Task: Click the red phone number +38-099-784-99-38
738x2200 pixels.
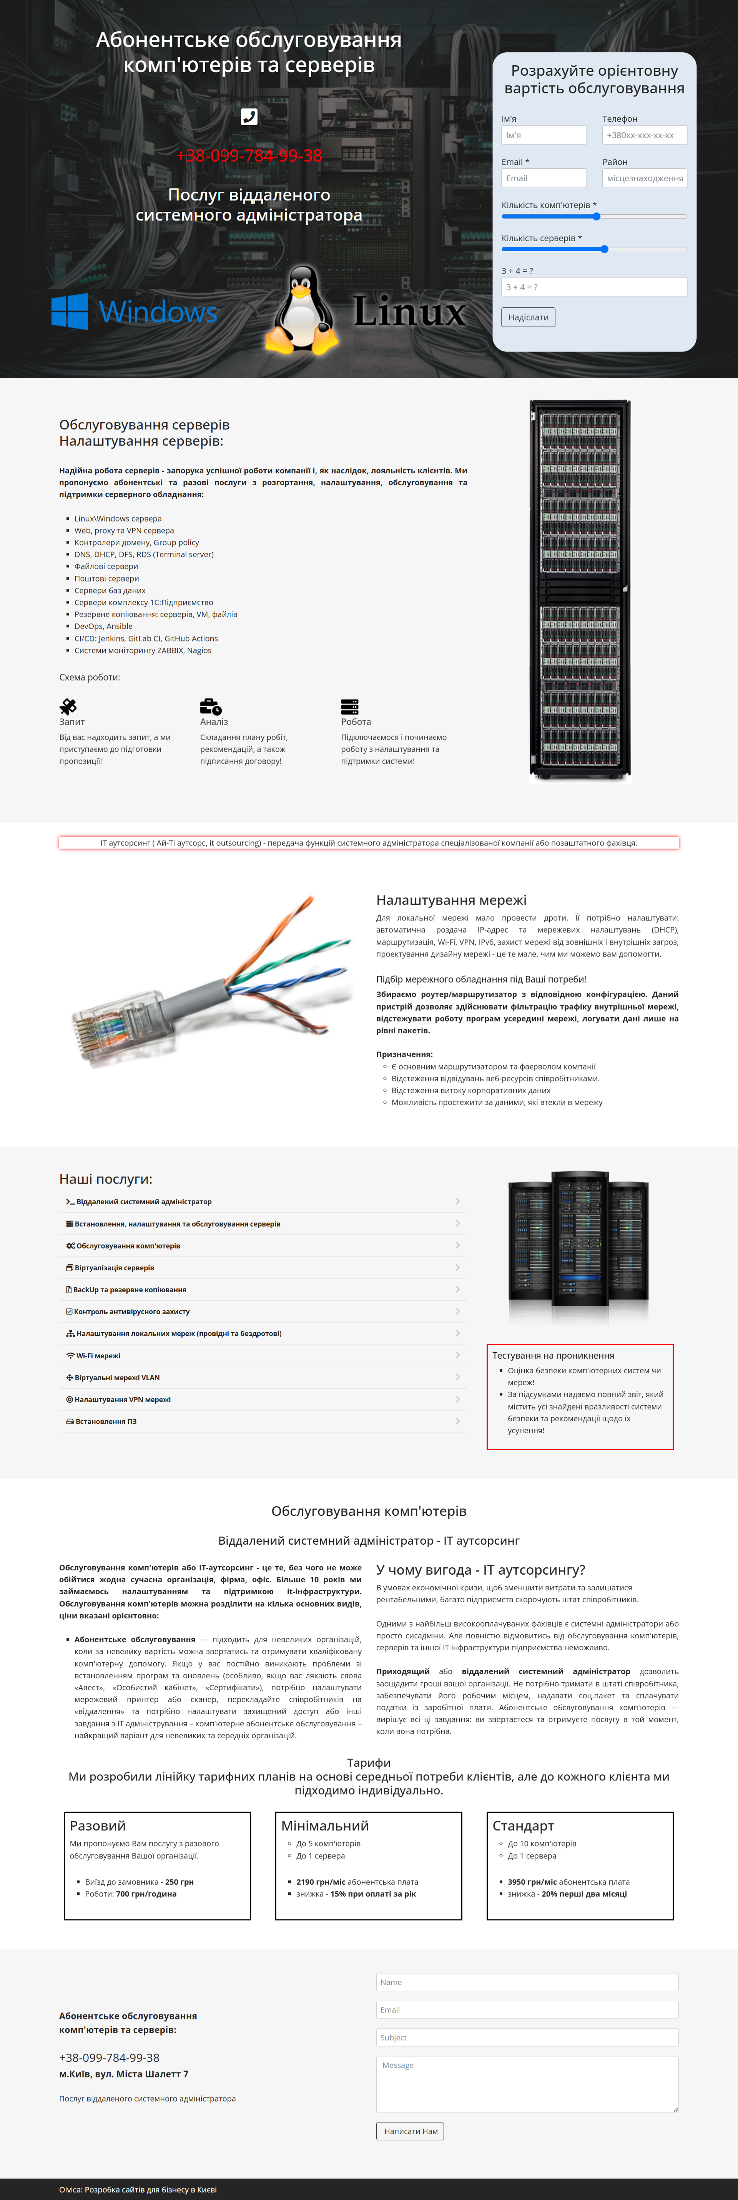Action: [x=249, y=156]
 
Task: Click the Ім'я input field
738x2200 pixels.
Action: [x=543, y=135]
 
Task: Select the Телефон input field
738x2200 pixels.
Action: [x=644, y=135]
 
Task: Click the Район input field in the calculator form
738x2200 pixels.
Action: [x=644, y=179]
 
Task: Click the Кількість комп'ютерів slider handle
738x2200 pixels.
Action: [x=596, y=217]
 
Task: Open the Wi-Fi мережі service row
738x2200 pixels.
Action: [x=98, y=1355]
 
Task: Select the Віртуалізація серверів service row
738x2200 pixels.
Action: [x=115, y=1267]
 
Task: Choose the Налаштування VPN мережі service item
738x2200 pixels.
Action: [x=122, y=1399]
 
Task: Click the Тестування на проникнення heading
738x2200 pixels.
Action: [x=553, y=1355]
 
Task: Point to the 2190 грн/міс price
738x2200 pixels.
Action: [x=320, y=1882]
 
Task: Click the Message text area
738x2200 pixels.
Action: [x=527, y=2084]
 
